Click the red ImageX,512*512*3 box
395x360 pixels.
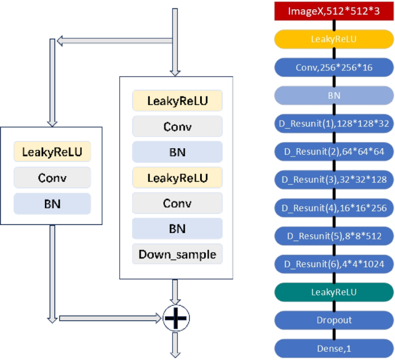pos(334,11)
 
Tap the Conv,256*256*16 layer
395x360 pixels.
pos(334,67)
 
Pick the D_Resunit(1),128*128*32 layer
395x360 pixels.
pos(334,123)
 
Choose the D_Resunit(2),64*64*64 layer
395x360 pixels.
pos(334,151)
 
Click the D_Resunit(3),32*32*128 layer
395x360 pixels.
pos(334,179)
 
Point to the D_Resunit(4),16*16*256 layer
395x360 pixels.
pos(334,207)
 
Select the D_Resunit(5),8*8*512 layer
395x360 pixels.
pos(334,235)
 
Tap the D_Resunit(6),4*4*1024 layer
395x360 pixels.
pos(334,264)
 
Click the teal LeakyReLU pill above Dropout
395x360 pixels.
pos(334,292)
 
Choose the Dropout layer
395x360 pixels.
pos(334,320)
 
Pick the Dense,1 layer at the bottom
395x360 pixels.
pos(334,348)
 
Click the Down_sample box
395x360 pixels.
pos(177,254)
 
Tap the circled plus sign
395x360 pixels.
pos(176,317)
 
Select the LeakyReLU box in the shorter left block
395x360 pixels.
pos(52,152)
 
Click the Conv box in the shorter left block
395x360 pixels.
pos(52,178)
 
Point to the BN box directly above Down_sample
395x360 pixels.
pos(177,228)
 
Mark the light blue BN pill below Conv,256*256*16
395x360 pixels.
pos(334,95)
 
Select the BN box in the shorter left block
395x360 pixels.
pos(52,203)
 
